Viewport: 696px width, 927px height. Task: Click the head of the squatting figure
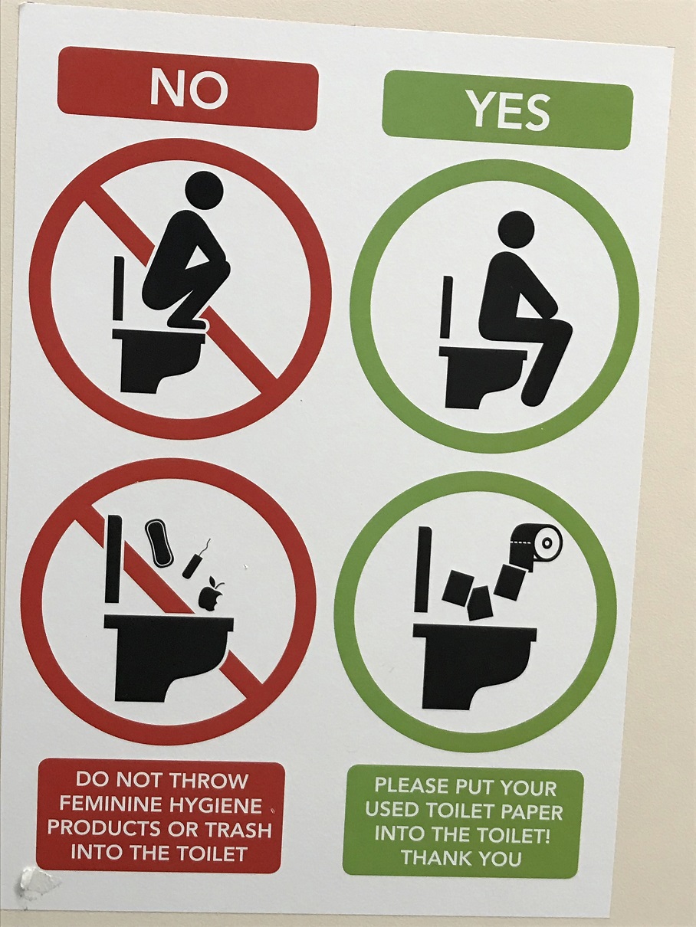click(x=205, y=190)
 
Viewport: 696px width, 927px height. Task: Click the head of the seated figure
click(x=516, y=229)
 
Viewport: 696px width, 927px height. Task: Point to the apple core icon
click(x=209, y=596)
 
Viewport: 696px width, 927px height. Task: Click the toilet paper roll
click(x=537, y=543)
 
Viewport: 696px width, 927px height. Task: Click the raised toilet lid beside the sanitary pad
click(x=113, y=558)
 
